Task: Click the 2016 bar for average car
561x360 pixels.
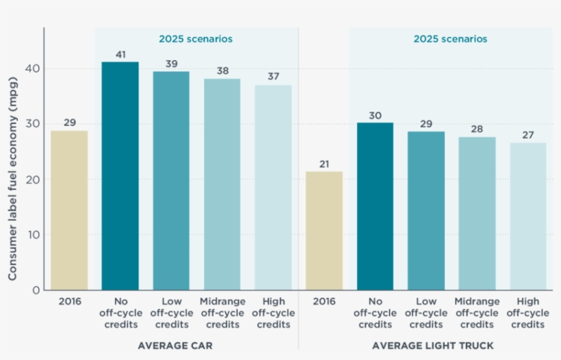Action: (70, 210)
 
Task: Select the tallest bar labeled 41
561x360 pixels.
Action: (120, 176)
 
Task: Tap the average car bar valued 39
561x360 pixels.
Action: (171, 181)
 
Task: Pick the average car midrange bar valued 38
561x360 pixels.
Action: (222, 184)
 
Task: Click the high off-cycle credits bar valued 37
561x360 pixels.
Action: (273, 188)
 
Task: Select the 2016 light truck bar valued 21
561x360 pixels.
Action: (324, 231)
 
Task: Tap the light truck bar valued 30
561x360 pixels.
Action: (375, 206)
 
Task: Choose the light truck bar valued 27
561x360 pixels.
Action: (528, 216)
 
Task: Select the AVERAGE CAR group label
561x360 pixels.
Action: (175, 346)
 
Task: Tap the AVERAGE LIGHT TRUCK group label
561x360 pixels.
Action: (432, 346)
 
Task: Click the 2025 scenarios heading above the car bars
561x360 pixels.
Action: (196, 39)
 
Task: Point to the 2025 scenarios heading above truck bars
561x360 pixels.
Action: (450, 39)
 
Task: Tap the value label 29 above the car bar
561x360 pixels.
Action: (70, 123)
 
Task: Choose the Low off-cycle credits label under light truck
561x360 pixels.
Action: (426, 313)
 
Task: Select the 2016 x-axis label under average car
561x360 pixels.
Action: (70, 302)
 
